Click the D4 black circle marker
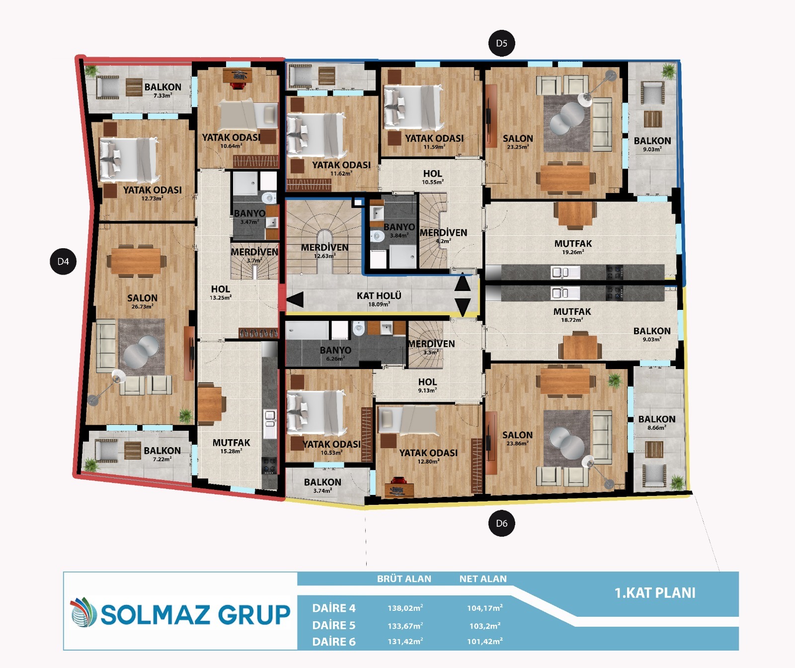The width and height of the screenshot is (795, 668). click(x=63, y=261)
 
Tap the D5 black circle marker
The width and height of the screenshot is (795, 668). click(x=501, y=43)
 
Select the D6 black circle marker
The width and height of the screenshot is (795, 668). click(x=501, y=523)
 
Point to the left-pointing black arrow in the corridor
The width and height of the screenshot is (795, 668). click(x=295, y=300)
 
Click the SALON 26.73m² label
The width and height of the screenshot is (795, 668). click(x=142, y=301)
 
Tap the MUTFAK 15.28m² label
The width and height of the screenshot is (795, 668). click(x=232, y=446)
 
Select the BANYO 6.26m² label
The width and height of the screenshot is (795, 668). click(x=335, y=353)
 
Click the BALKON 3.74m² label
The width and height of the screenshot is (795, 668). click(x=322, y=485)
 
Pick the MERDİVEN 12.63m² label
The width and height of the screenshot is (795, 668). click(x=324, y=251)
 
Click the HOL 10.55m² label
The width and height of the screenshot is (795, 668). click(x=432, y=177)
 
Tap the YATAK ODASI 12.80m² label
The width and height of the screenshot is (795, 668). click(x=428, y=456)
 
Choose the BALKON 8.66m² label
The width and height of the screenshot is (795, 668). click(x=657, y=422)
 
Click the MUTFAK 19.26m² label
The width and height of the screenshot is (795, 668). click(x=573, y=247)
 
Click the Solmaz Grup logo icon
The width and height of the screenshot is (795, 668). click(x=83, y=612)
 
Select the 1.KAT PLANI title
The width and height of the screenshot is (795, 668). click(x=655, y=593)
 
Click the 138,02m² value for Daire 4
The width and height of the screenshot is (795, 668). click(x=405, y=608)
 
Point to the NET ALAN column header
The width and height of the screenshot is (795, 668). click(x=483, y=579)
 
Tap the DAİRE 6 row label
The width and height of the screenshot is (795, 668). click(x=334, y=642)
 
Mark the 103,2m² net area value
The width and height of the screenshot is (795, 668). click(x=485, y=626)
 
